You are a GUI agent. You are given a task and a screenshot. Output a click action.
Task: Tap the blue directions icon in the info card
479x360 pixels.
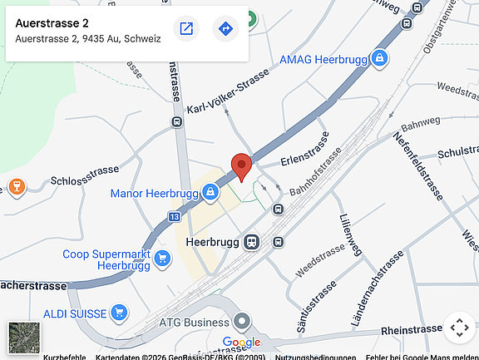point(225,29)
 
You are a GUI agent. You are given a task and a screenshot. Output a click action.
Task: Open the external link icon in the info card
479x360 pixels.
point(186,29)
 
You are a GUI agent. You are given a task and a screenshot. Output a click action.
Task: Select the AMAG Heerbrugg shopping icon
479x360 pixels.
point(379,59)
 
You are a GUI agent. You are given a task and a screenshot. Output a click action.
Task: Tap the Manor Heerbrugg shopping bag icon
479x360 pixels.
point(210,193)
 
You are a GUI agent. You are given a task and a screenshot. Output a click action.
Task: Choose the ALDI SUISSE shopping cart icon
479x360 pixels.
point(120,313)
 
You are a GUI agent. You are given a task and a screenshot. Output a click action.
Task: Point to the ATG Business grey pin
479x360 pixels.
point(242,321)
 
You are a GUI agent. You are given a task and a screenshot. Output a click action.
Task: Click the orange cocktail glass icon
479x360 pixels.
point(14,185)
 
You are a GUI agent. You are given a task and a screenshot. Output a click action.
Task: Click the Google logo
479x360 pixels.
point(241,343)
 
